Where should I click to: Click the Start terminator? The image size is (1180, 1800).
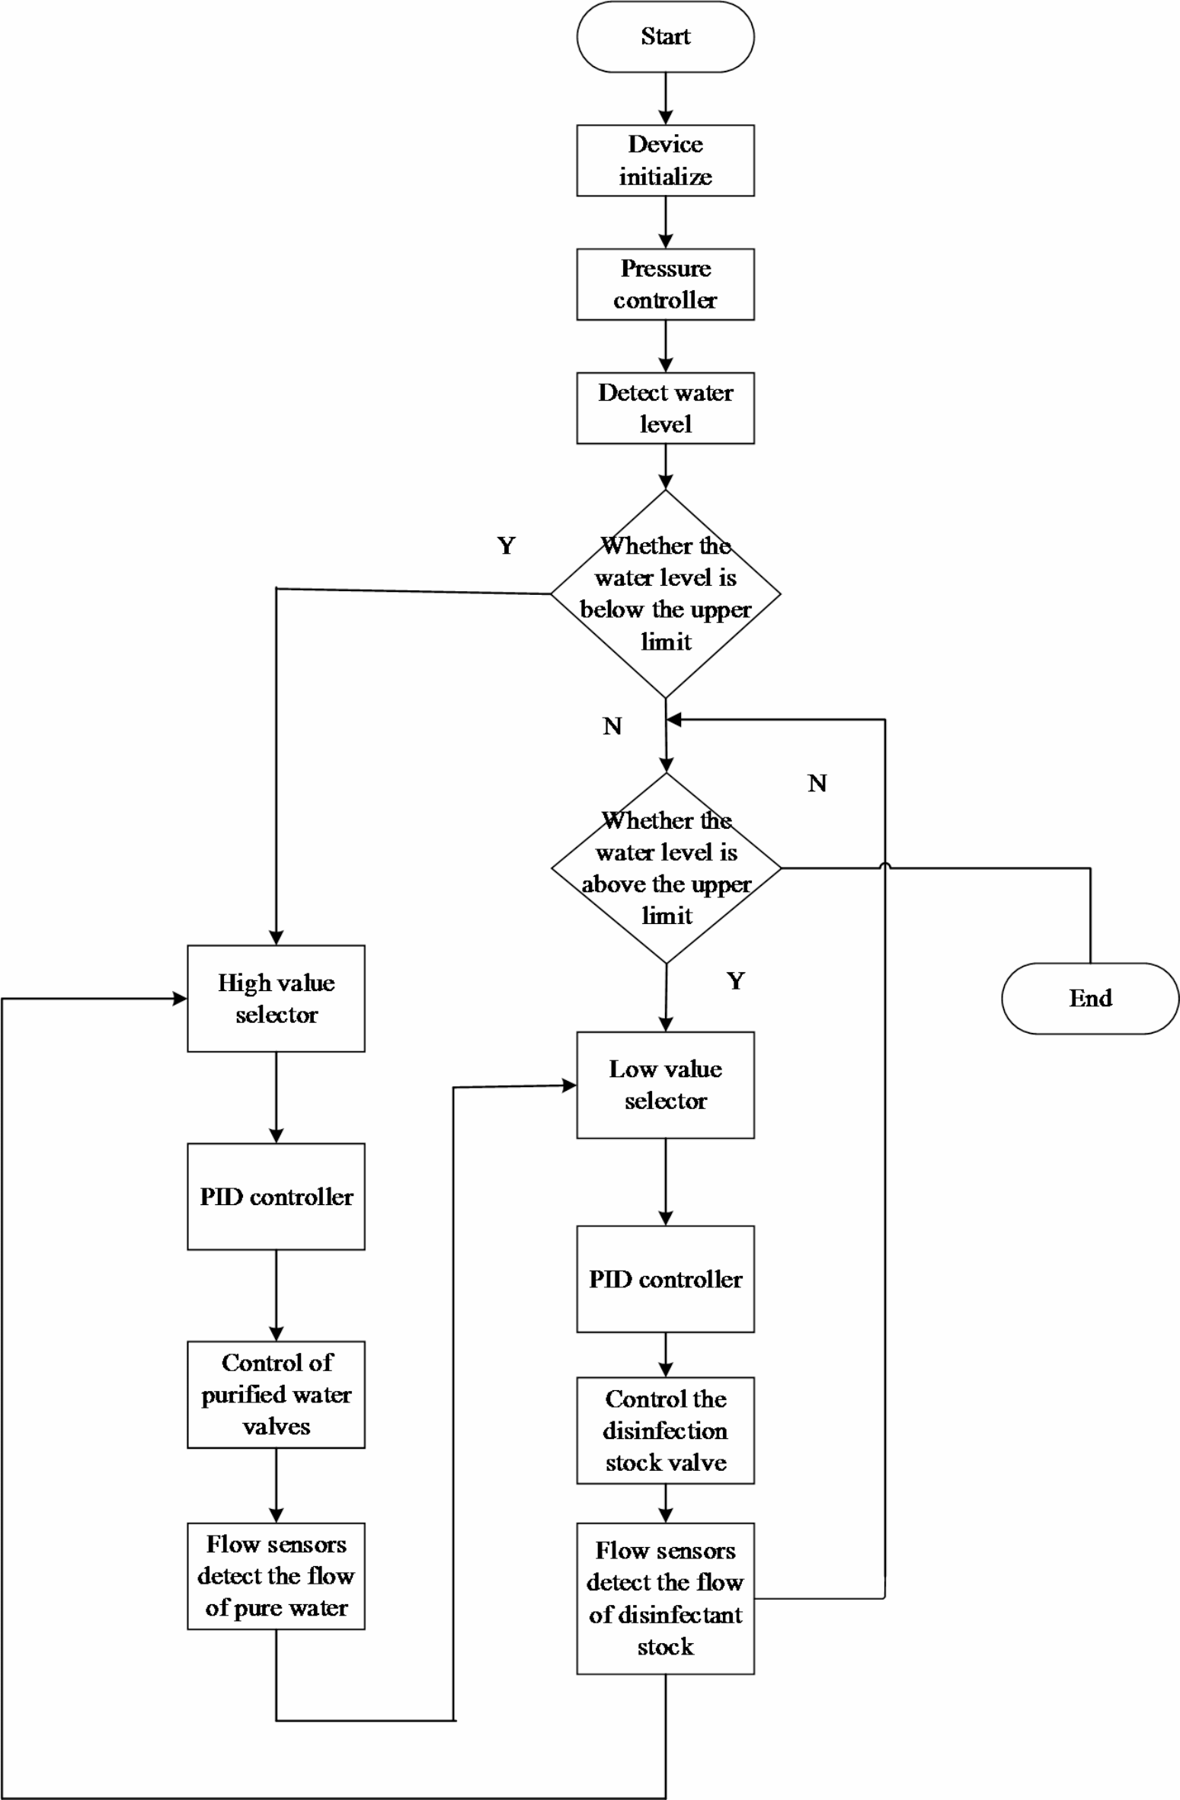pyautogui.click(x=665, y=37)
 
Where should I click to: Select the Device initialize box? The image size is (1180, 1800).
pyautogui.click(x=665, y=161)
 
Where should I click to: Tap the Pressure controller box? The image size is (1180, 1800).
pyautogui.click(x=665, y=284)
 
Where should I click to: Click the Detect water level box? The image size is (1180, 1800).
pyautogui.click(x=665, y=408)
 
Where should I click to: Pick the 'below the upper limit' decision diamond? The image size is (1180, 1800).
pyautogui.click(x=665, y=593)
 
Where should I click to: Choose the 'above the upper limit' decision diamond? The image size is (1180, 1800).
pyautogui.click(x=666, y=868)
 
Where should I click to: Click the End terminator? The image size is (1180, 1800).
pyautogui.click(x=1090, y=998)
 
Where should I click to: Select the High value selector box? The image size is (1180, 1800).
pyautogui.click(x=276, y=999)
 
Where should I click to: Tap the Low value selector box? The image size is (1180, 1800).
pyautogui.click(x=665, y=1085)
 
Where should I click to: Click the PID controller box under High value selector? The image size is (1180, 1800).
pyautogui.click(x=276, y=1197)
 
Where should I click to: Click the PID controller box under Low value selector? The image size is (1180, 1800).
pyautogui.click(x=665, y=1279)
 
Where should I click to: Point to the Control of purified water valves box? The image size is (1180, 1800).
pyautogui.click(x=276, y=1394)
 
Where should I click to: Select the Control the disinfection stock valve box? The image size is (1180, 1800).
pyautogui.click(x=665, y=1431)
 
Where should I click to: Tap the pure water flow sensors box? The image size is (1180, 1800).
pyautogui.click(x=276, y=1576)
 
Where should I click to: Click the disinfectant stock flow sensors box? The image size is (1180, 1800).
pyautogui.click(x=665, y=1598)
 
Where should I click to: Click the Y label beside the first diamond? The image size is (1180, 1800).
pyautogui.click(x=507, y=545)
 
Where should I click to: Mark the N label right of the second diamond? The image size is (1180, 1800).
pyautogui.click(x=817, y=783)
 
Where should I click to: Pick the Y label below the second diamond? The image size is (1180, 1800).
pyautogui.click(x=735, y=980)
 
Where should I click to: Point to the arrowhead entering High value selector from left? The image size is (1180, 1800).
pyautogui.click(x=181, y=999)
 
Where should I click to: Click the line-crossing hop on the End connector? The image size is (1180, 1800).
pyautogui.click(x=885, y=865)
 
